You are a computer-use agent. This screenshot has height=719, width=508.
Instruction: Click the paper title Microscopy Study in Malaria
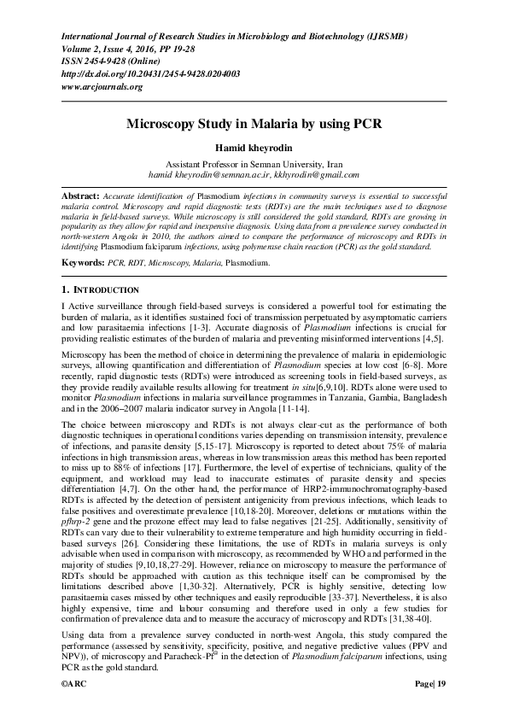(x=254, y=123)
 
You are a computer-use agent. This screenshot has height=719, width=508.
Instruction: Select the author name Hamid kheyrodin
(x=254, y=147)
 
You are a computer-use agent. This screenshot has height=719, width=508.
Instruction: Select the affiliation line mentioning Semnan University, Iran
(x=254, y=162)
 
